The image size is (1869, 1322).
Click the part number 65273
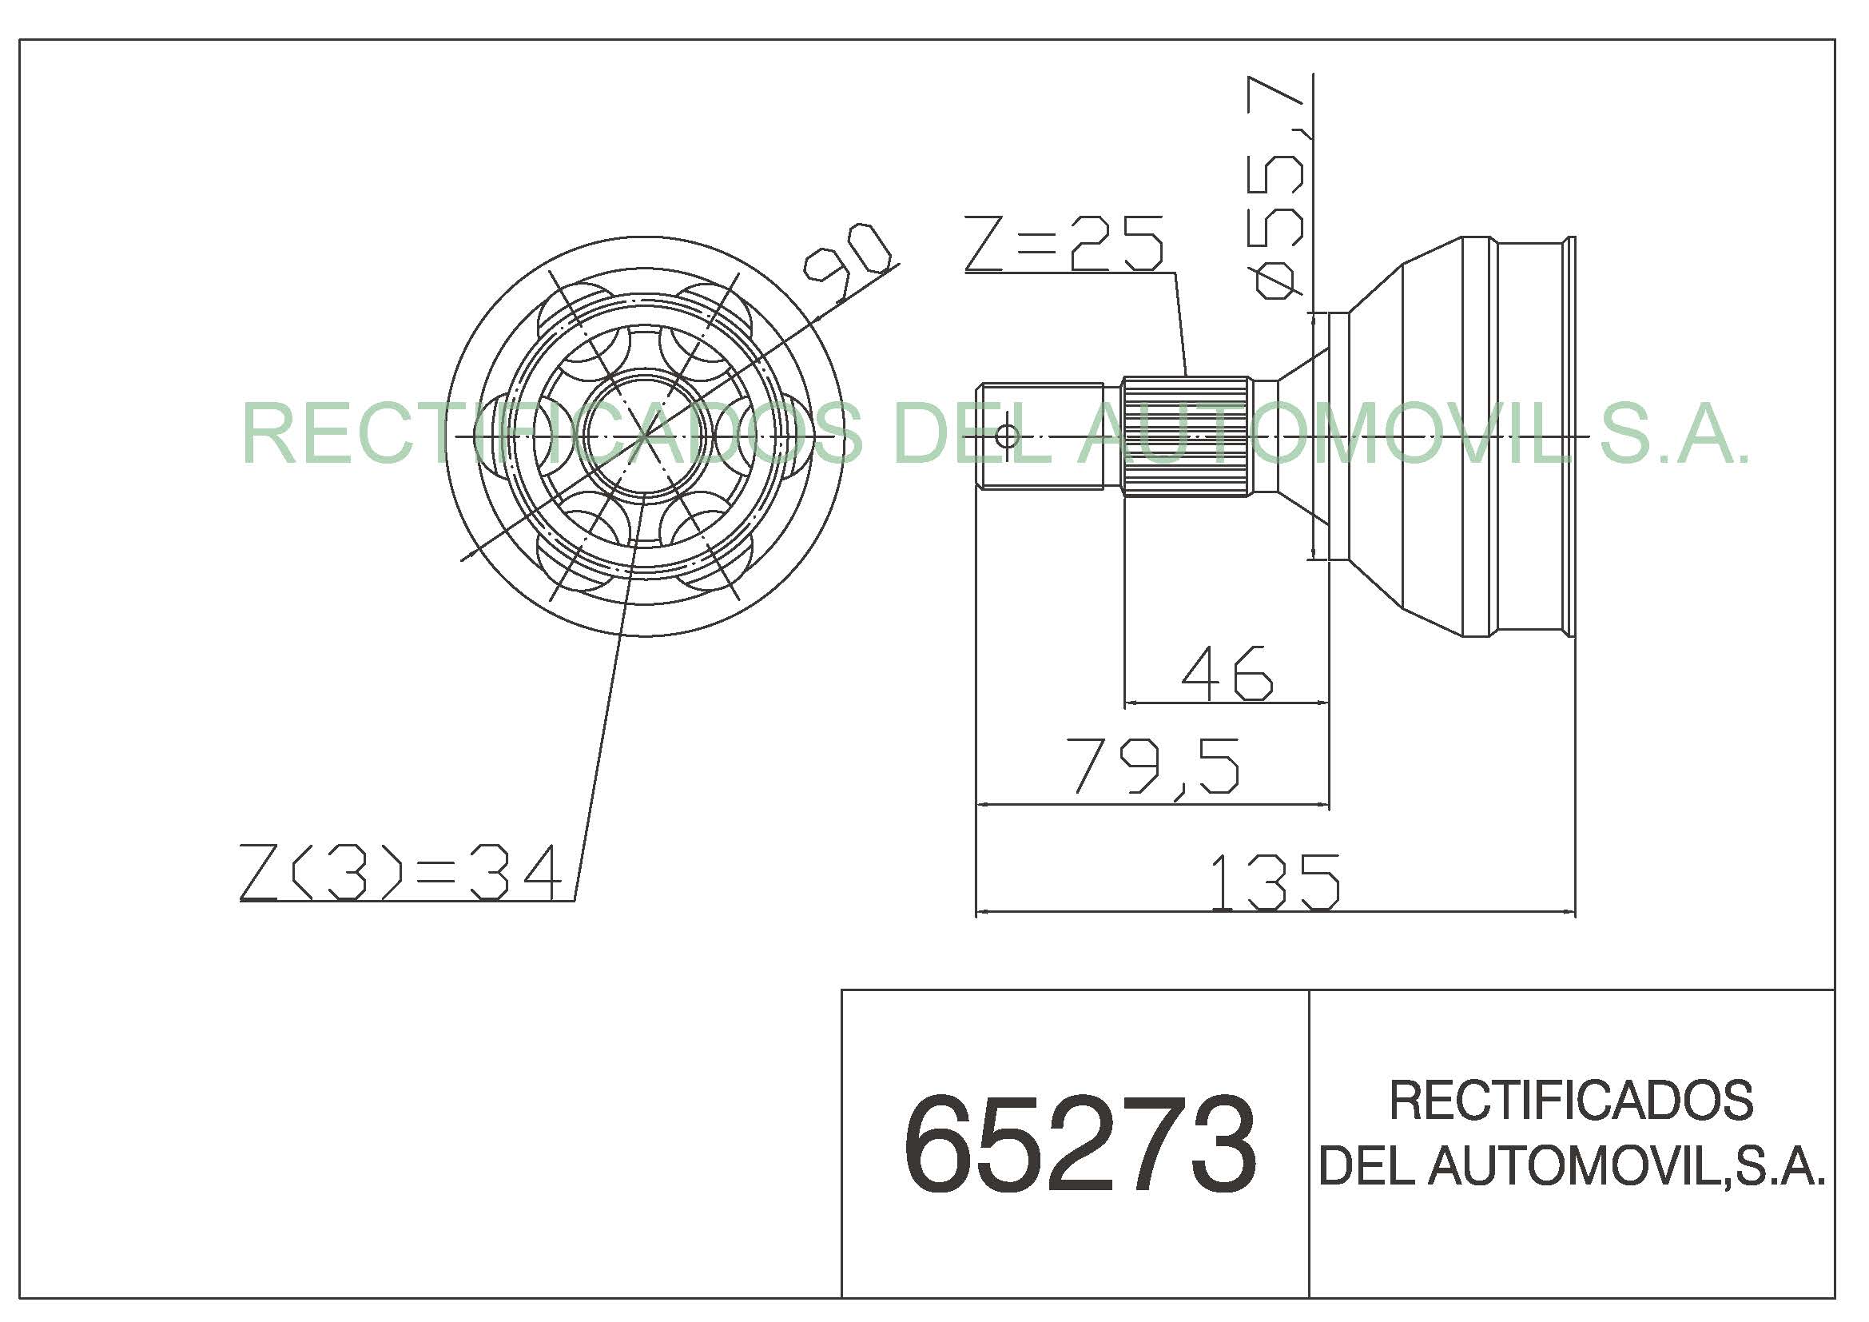pyautogui.click(x=1080, y=1144)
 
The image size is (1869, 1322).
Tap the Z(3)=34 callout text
pyautogui.click(x=400, y=872)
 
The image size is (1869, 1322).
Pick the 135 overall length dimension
pyautogui.click(x=1274, y=882)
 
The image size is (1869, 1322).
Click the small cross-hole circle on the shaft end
pyautogui.click(x=1007, y=436)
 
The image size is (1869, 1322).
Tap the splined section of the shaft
pyautogui.click(x=1185, y=436)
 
